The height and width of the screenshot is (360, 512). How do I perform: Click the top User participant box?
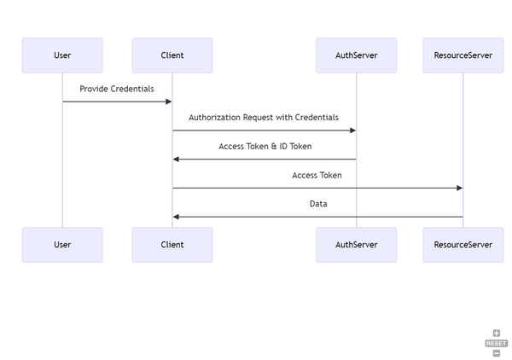click(62, 55)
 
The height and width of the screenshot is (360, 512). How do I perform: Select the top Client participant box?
click(172, 55)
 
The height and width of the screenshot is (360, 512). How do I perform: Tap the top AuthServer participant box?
click(356, 55)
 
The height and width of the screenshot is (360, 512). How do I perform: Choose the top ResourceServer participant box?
click(463, 55)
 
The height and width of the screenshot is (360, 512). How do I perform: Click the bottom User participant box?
click(62, 245)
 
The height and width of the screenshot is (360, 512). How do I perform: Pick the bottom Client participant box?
click(172, 245)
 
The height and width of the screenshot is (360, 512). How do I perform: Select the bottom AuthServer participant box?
click(356, 245)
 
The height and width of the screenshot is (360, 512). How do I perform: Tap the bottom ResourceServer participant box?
click(463, 245)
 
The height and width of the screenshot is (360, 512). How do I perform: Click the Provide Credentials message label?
click(117, 89)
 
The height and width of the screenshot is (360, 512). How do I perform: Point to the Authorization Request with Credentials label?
click(264, 118)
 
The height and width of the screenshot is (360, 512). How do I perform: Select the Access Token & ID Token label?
click(265, 147)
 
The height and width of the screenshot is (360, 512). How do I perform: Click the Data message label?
click(317, 204)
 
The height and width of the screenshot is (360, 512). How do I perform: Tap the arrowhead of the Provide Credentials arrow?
click(168, 102)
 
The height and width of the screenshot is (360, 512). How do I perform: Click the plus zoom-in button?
click(496, 334)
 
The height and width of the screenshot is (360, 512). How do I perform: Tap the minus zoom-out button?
click(496, 352)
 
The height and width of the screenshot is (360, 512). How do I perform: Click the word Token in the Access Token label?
click(329, 176)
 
